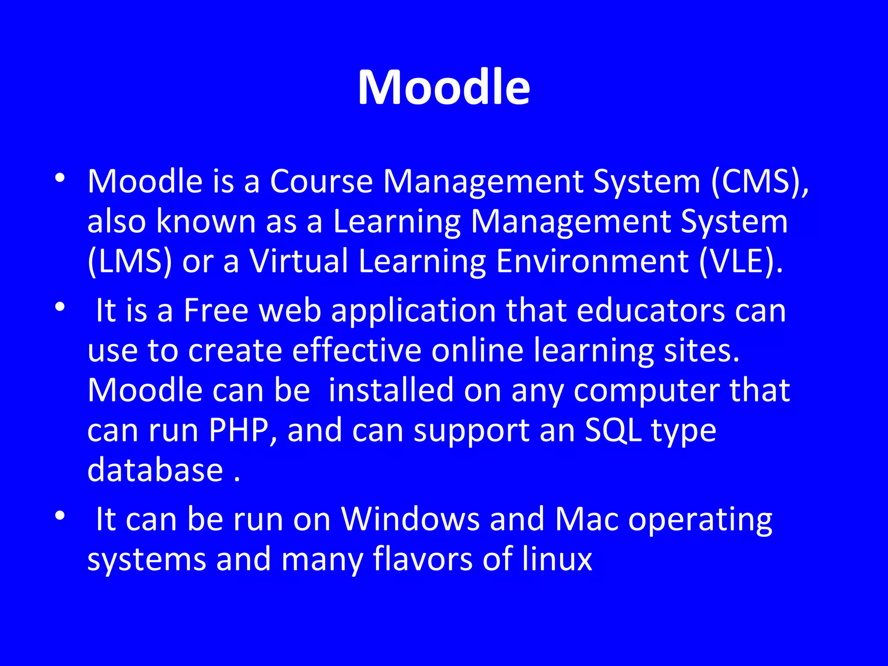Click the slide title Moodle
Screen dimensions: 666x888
pos(444,88)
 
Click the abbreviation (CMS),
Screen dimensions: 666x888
pos(759,181)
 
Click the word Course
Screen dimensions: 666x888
pos(321,181)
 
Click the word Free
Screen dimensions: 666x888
pos(216,310)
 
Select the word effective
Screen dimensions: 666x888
pos(356,350)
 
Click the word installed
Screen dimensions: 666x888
pos(391,390)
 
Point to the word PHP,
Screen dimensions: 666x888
pos(243,431)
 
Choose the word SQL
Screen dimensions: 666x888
pos(613,431)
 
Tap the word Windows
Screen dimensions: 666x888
pos(410,519)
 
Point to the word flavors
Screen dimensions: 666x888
pos(422,559)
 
